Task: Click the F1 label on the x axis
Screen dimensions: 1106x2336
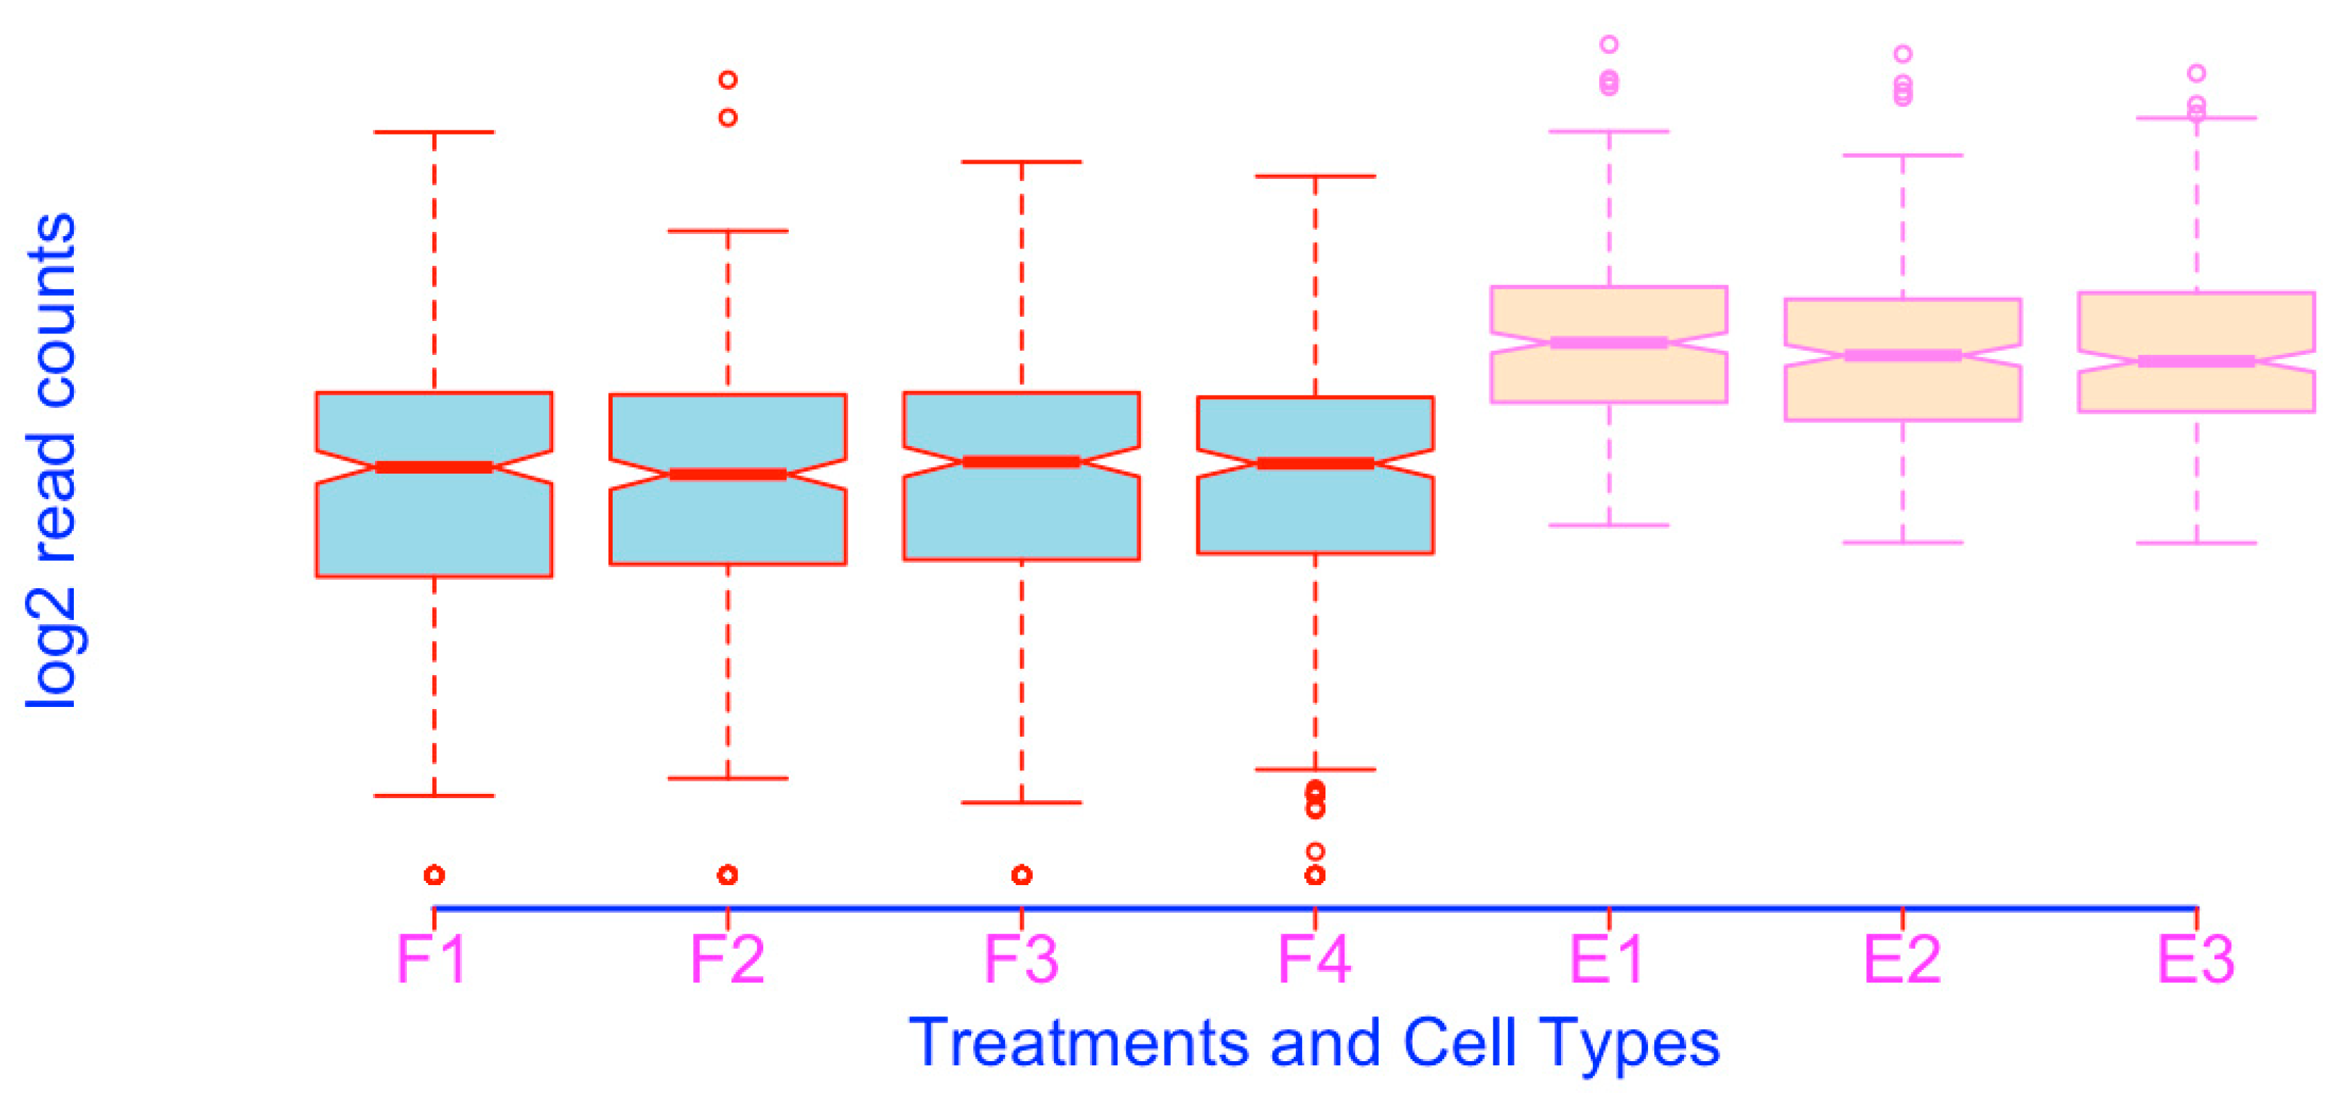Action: (432, 959)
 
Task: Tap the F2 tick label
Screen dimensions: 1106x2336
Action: (727, 959)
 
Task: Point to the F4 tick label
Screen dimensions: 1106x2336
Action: (1315, 959)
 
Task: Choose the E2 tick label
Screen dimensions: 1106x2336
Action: (1902, 959)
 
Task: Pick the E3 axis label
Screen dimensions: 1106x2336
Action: (2196, 959)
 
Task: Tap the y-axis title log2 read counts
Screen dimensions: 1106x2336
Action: (51, 460)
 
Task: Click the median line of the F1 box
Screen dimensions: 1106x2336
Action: (434, 467)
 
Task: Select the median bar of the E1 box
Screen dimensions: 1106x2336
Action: (1609, 342)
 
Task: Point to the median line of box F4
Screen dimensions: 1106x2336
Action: (1315, 463)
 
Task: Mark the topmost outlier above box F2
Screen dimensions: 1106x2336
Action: (727, 80)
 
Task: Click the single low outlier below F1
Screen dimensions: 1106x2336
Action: (434, 875)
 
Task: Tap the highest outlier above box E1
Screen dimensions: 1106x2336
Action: (1609, 43)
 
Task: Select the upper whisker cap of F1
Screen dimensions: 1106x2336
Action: (434, 133)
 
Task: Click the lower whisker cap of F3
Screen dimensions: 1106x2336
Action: (1022, 802)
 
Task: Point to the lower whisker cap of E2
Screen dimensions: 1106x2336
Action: (1902, 542)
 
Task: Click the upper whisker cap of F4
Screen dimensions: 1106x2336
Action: (1315, 176)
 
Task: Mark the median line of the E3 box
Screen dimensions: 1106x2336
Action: (2196, 362)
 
